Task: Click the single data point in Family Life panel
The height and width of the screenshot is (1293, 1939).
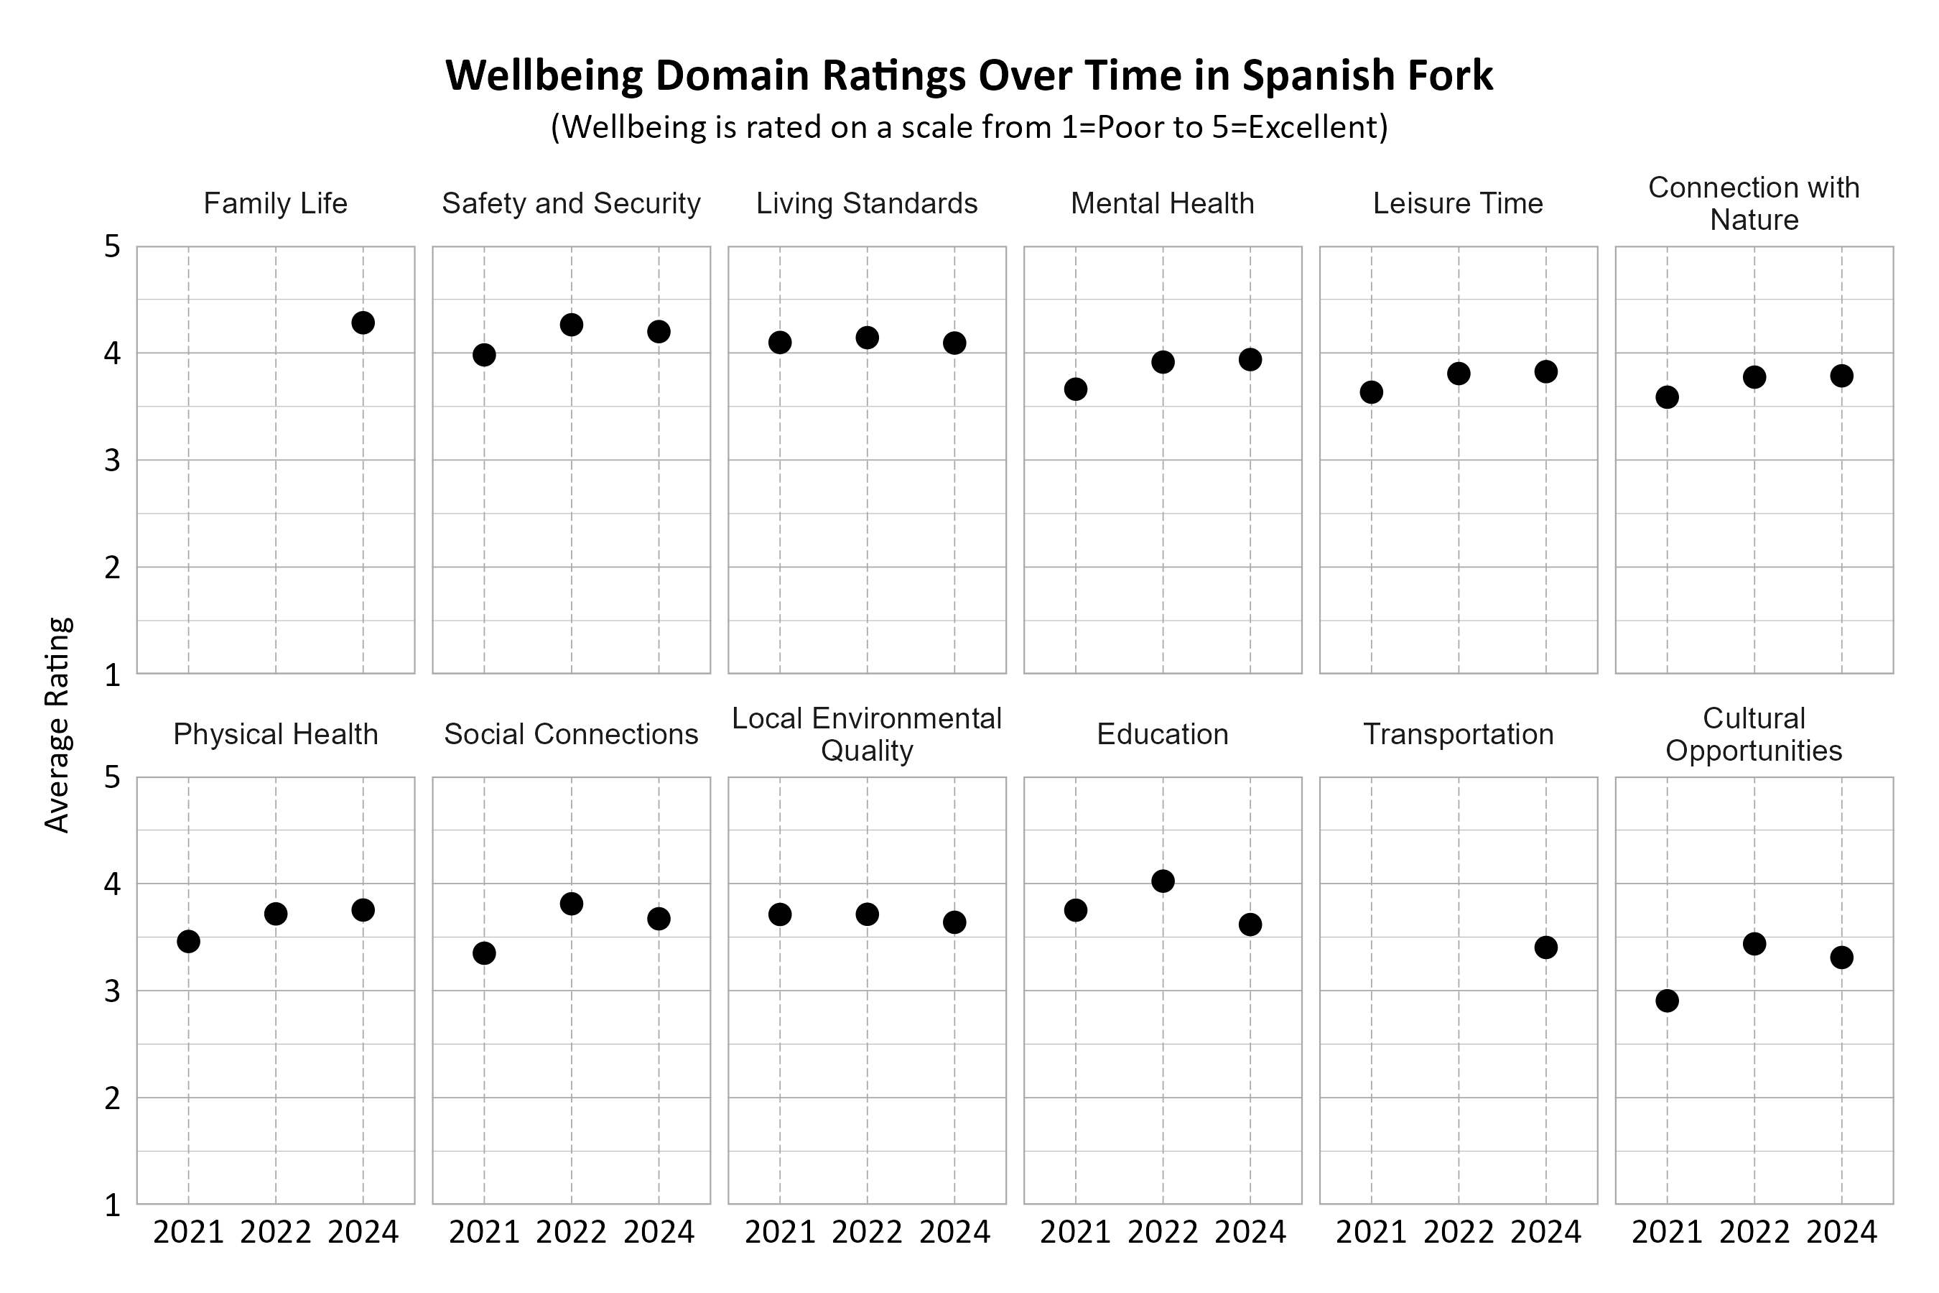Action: pyautogui.click(x=363, y=323)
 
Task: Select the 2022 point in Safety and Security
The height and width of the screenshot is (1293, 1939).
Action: pyautogui.click(x=572, y=325)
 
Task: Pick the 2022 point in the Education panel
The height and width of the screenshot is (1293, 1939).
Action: pyautogui.click(x=1163, y=881)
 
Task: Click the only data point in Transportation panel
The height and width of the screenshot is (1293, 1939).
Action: pyautogui.click(x=1545, y=947)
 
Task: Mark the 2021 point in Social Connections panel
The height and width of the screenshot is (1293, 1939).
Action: pyautogui.click(x=484, y=953)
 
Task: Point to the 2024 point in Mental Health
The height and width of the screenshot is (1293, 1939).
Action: pyautogui.click(x=1250, y=360)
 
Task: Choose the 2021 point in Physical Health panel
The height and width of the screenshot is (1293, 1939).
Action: pyautogui.click(x=188, y=942)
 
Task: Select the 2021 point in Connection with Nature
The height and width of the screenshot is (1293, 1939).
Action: pyautogui.click(x=1667, y=397)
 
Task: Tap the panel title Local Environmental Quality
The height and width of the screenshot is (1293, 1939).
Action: pyautogui.click(x=867, y=734)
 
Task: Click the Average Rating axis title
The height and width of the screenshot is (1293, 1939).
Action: pyautogui.click(x=57, y=725)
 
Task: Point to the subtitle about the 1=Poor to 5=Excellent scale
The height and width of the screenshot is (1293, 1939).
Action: pyautogui.click(x=969, y=127)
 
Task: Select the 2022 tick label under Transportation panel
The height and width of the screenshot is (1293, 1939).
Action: pyautogui.click(x=1459, y=1232)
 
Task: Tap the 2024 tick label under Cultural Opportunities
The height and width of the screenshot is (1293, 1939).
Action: pyautogui.click(x=1841, y=1232)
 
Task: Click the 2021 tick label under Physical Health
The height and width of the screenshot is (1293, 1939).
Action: pyautogui.click(x=188, y=1232)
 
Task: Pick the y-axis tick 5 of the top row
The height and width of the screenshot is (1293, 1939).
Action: pyautogui.click(x=112, y=246)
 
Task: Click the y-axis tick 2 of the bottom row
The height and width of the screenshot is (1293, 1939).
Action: pyautogui.click(x=112, y=1098)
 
